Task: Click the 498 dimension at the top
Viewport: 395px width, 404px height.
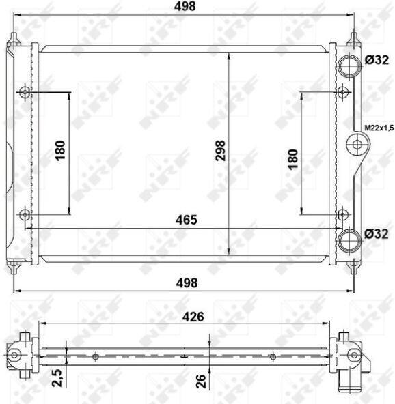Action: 185,6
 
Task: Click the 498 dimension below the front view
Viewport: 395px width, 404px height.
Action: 187,283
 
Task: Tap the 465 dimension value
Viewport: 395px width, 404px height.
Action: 187,220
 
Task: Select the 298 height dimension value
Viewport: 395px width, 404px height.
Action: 220,151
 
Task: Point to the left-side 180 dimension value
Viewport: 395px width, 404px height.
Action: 60,151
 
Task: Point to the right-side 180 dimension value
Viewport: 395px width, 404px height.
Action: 293,159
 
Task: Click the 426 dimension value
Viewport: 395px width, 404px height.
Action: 193,317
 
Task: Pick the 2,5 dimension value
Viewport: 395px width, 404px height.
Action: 57,377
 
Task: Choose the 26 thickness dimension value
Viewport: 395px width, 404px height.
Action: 201,381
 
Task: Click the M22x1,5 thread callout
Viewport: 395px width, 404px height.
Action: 379,128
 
